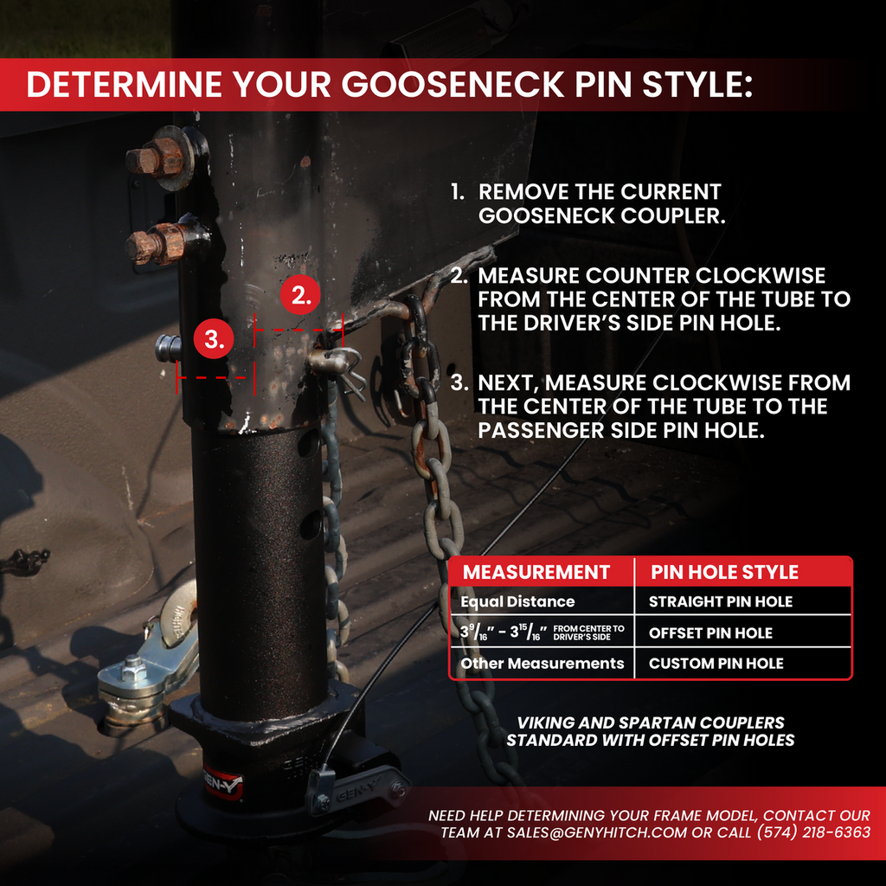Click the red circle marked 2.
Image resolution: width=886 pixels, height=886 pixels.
click(x=300, y=295)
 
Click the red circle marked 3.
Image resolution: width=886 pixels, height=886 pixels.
click(x=214, y=339)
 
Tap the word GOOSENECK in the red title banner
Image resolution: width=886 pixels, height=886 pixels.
click(x=453, y=85)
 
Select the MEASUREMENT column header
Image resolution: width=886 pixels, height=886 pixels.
click(x=536, y=572)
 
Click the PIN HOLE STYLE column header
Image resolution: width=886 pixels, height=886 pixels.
click(x=724, y=572)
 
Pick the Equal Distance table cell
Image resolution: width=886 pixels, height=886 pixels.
click(x=517, y=601)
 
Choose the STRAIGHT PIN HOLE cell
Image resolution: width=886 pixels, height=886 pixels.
click(x=721, y=602)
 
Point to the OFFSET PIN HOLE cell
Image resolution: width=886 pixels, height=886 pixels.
click(x=710, y=632)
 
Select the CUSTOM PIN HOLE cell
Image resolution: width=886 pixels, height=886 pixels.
click(x=716, y=664)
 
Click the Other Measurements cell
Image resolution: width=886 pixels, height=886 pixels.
click(x=543, y=664)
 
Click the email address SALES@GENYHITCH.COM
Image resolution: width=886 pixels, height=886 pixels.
click(x=597, y=832)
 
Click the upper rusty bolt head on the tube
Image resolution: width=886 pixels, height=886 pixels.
click(x=145, y=160)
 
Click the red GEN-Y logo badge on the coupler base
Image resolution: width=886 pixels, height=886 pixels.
click(x=222, y=782)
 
